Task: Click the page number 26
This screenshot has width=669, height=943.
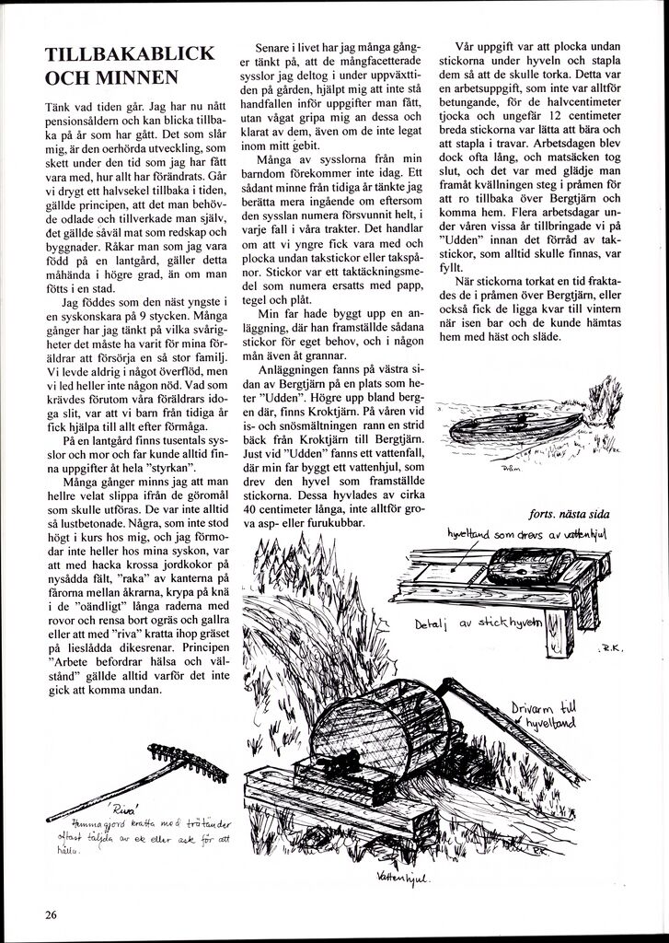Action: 51,914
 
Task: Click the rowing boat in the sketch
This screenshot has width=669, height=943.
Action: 515,427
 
